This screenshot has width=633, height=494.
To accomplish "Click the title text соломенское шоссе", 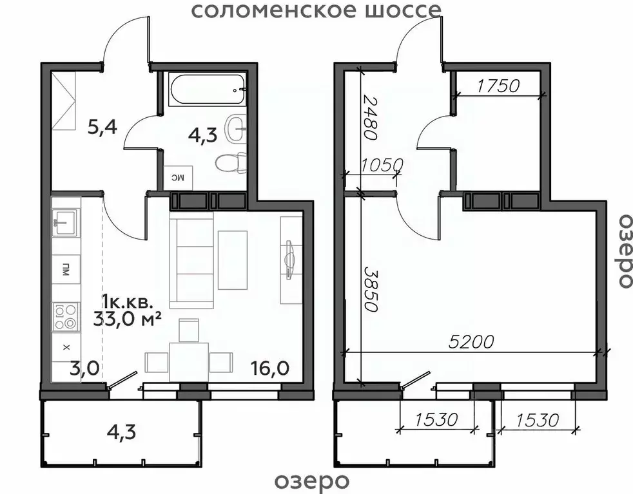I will [317, 10].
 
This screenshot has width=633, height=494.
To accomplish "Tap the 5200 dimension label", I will [472, 341].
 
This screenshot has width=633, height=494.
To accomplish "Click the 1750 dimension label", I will [498, 86].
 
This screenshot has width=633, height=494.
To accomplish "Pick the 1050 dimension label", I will [381, 165].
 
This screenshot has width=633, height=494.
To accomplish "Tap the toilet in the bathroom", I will [231, 164].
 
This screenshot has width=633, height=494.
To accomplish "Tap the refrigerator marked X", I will [65, 347].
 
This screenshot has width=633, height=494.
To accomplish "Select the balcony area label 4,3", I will [122, 428].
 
